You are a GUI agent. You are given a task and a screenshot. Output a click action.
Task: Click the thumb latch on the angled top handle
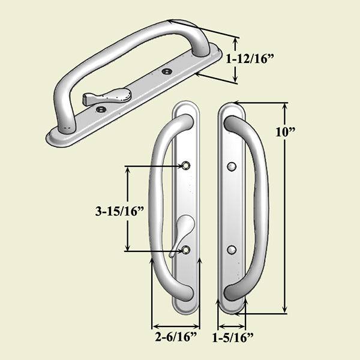[111, 97]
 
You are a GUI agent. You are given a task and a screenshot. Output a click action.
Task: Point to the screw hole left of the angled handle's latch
[101, 109]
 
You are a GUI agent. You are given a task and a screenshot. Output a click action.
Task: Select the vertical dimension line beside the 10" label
[285, 207]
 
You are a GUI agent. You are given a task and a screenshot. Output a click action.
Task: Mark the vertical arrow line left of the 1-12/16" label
[235, 60]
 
